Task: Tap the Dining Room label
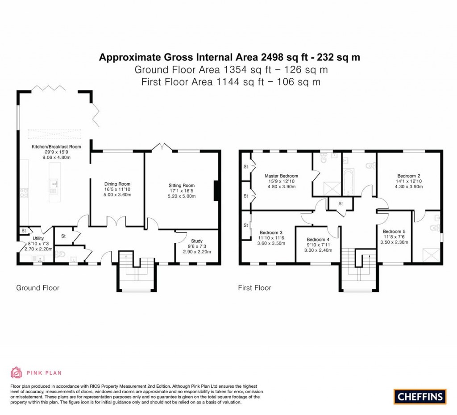pyautogui.click(x=117, y=184)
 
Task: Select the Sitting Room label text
pyautogui.click(x=182, y=185)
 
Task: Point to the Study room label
pyautogui.click(x=197, y=241)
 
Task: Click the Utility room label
pyautogui.click(x=38, y=239)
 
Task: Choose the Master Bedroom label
pyautogui.click(x=281, y=176)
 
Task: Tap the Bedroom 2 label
pyautogui.click(x=409, y=176)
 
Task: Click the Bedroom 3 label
pyautogui.click(x=271, y=233)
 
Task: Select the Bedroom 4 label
pyautogui.click(x=318, y=239)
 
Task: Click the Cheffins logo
pyautogui.click(x=420, y=396)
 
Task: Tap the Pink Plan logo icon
pyautogui.click(x=16, y=372)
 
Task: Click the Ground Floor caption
pyautogui.click(x=37, y=288)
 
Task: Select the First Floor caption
pyautogui.click(x=254, y=288)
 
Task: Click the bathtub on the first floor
pyautogui.click(x=348, y=182)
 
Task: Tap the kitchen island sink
pyautogui.click(x=54, y=183)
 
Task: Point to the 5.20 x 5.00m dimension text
pyautogui.click(x=182, y=196)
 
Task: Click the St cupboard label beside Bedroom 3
pyautogui.click(x=245, y=225)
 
